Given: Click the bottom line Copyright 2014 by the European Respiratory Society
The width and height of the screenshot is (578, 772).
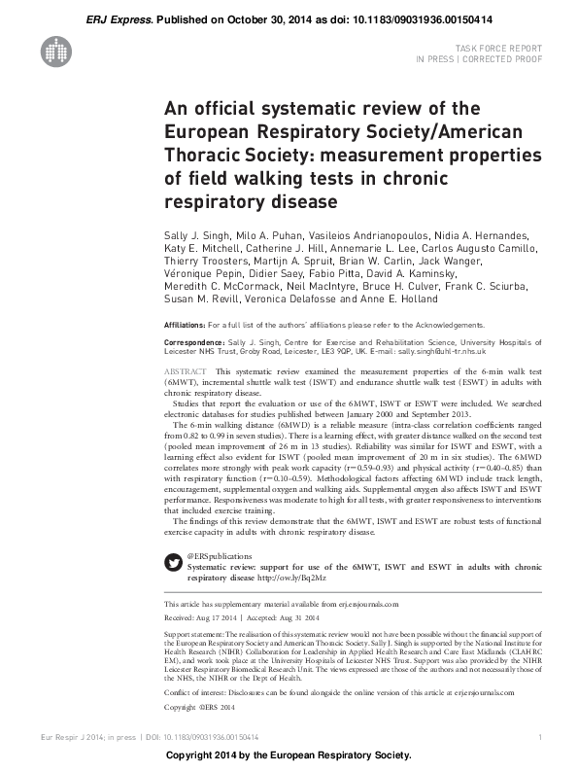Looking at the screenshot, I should [289, 756].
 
